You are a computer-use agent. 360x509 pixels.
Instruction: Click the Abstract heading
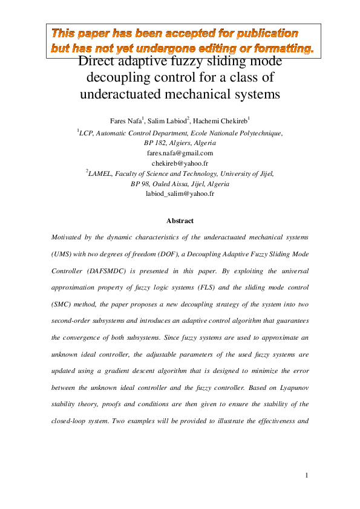click(x=180, y=221)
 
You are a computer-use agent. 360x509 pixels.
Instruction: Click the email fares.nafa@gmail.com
click(x=180, y=153)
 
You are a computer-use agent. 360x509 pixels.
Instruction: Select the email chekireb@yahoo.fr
click(x=180, y=163)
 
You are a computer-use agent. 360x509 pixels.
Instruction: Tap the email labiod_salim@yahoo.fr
click(x=180, y=193)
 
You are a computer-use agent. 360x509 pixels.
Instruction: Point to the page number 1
click(x=307, y=475)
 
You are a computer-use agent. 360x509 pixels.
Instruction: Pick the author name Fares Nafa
click(x=124, y=121)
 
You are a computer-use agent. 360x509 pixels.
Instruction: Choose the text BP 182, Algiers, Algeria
click(x=180, y=143)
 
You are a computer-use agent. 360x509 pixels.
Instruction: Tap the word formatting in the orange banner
click(x=283, y=47)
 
